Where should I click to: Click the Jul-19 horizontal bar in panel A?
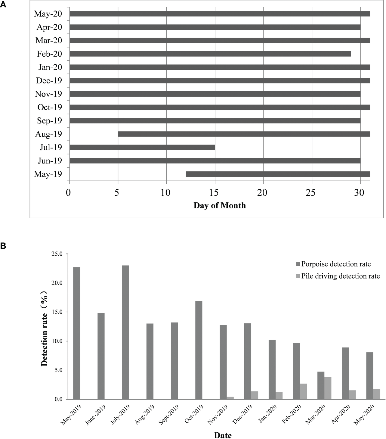tap(142, 147)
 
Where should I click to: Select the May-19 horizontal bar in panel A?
tap(278, 174)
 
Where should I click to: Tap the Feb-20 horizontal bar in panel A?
tap(210, 54)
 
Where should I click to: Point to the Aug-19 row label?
tap(48, 134)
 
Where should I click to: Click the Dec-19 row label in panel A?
tap(49, 81)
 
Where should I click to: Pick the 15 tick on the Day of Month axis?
tap(215, 193)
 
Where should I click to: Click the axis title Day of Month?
tap(220, 206)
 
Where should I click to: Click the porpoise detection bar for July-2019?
tap(125, 332)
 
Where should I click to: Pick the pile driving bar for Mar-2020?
tap(328, 388)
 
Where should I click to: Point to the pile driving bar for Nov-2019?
tap(230, 398)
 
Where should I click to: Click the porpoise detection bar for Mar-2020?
tap(321, 385)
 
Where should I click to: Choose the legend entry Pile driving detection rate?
tap(340, 276)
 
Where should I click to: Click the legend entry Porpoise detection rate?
tap(336, 264)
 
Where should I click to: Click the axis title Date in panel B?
tap(223, 435)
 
